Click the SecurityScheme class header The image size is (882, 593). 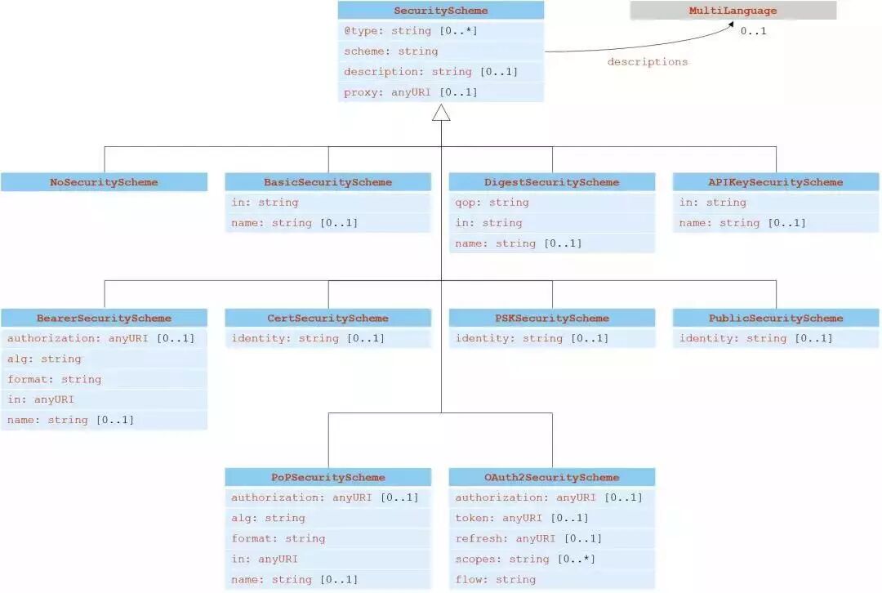441,11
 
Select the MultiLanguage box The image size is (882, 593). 733,11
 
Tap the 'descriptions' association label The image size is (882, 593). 647,61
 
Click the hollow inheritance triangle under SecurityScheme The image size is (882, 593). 441,113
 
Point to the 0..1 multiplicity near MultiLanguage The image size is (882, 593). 753,31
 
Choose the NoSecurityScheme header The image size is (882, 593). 104,182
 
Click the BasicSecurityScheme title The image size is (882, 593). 327,182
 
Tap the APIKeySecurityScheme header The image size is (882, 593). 776,182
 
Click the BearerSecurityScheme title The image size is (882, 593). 104,318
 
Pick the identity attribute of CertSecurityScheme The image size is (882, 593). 308,338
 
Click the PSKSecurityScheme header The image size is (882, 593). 552,318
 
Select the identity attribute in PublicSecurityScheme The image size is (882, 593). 755,338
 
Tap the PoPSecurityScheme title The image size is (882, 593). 327,477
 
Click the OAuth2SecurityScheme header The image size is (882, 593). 552,477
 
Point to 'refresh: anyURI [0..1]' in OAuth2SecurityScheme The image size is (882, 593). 528,538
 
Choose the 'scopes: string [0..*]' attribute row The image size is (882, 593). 524,559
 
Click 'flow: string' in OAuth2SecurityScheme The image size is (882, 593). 495,579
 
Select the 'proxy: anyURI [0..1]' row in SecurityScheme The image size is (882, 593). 410,92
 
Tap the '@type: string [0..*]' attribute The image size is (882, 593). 410,31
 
